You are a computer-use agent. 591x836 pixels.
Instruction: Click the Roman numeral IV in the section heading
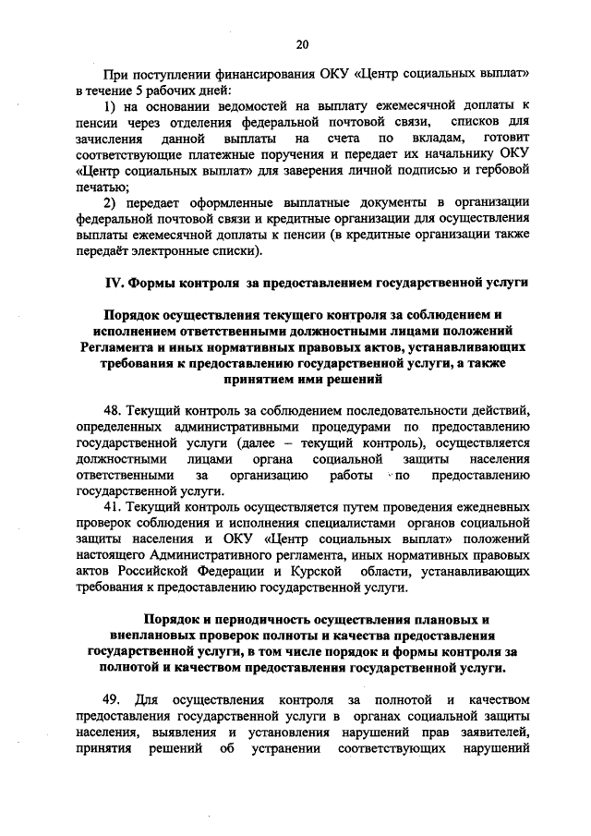[110, 280]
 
